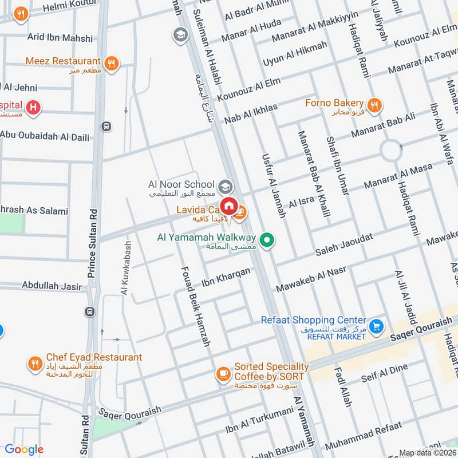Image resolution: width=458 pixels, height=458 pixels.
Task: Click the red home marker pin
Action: pos(229,205)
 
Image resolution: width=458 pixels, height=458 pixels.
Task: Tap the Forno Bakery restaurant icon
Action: pos(376,104)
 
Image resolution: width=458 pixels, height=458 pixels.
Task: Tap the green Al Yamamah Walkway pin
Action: pos(265,240)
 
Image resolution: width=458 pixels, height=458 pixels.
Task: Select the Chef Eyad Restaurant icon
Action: pos(35,362)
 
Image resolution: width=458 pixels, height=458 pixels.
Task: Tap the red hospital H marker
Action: pos(34,106)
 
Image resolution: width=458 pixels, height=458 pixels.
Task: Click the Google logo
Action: pos(24,449)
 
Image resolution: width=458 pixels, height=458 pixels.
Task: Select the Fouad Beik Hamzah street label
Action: pos(196,306)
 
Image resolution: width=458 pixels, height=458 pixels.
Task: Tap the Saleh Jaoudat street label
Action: pos(344,245)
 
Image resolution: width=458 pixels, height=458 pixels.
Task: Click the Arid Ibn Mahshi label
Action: pos(60,38)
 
